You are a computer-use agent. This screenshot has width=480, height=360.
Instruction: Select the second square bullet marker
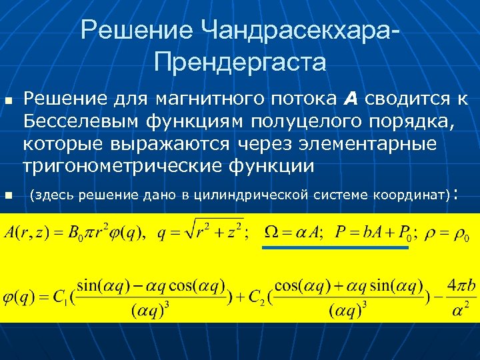point(9,195)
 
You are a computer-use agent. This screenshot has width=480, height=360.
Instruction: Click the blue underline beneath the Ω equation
point(334,247)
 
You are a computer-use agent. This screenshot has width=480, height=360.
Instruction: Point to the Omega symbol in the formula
point(274,233)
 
